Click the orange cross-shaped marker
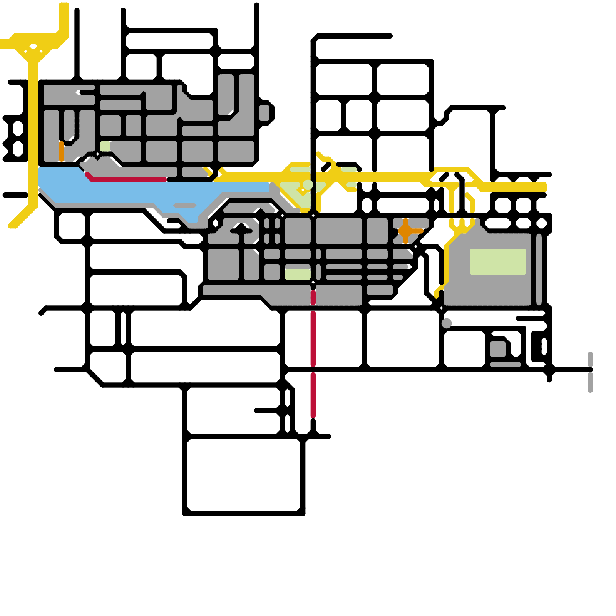coord(405,231)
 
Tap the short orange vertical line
coord(62,151)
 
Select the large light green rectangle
coord(498,262)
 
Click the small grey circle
coord(447,323)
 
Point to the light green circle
coord(308,185)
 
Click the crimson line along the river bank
coord(127,179)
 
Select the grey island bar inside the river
coord(185,205)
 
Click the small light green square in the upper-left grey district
coord(105,146)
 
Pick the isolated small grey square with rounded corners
coord(498,349)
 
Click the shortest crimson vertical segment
coord(313,298)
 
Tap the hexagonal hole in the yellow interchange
coord(33,47)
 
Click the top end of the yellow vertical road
coord(64,6)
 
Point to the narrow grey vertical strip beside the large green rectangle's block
coord(539,269)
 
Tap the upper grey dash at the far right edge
coord(590,359)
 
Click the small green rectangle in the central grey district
coord(298,274)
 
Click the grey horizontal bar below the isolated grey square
coord(506,364)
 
